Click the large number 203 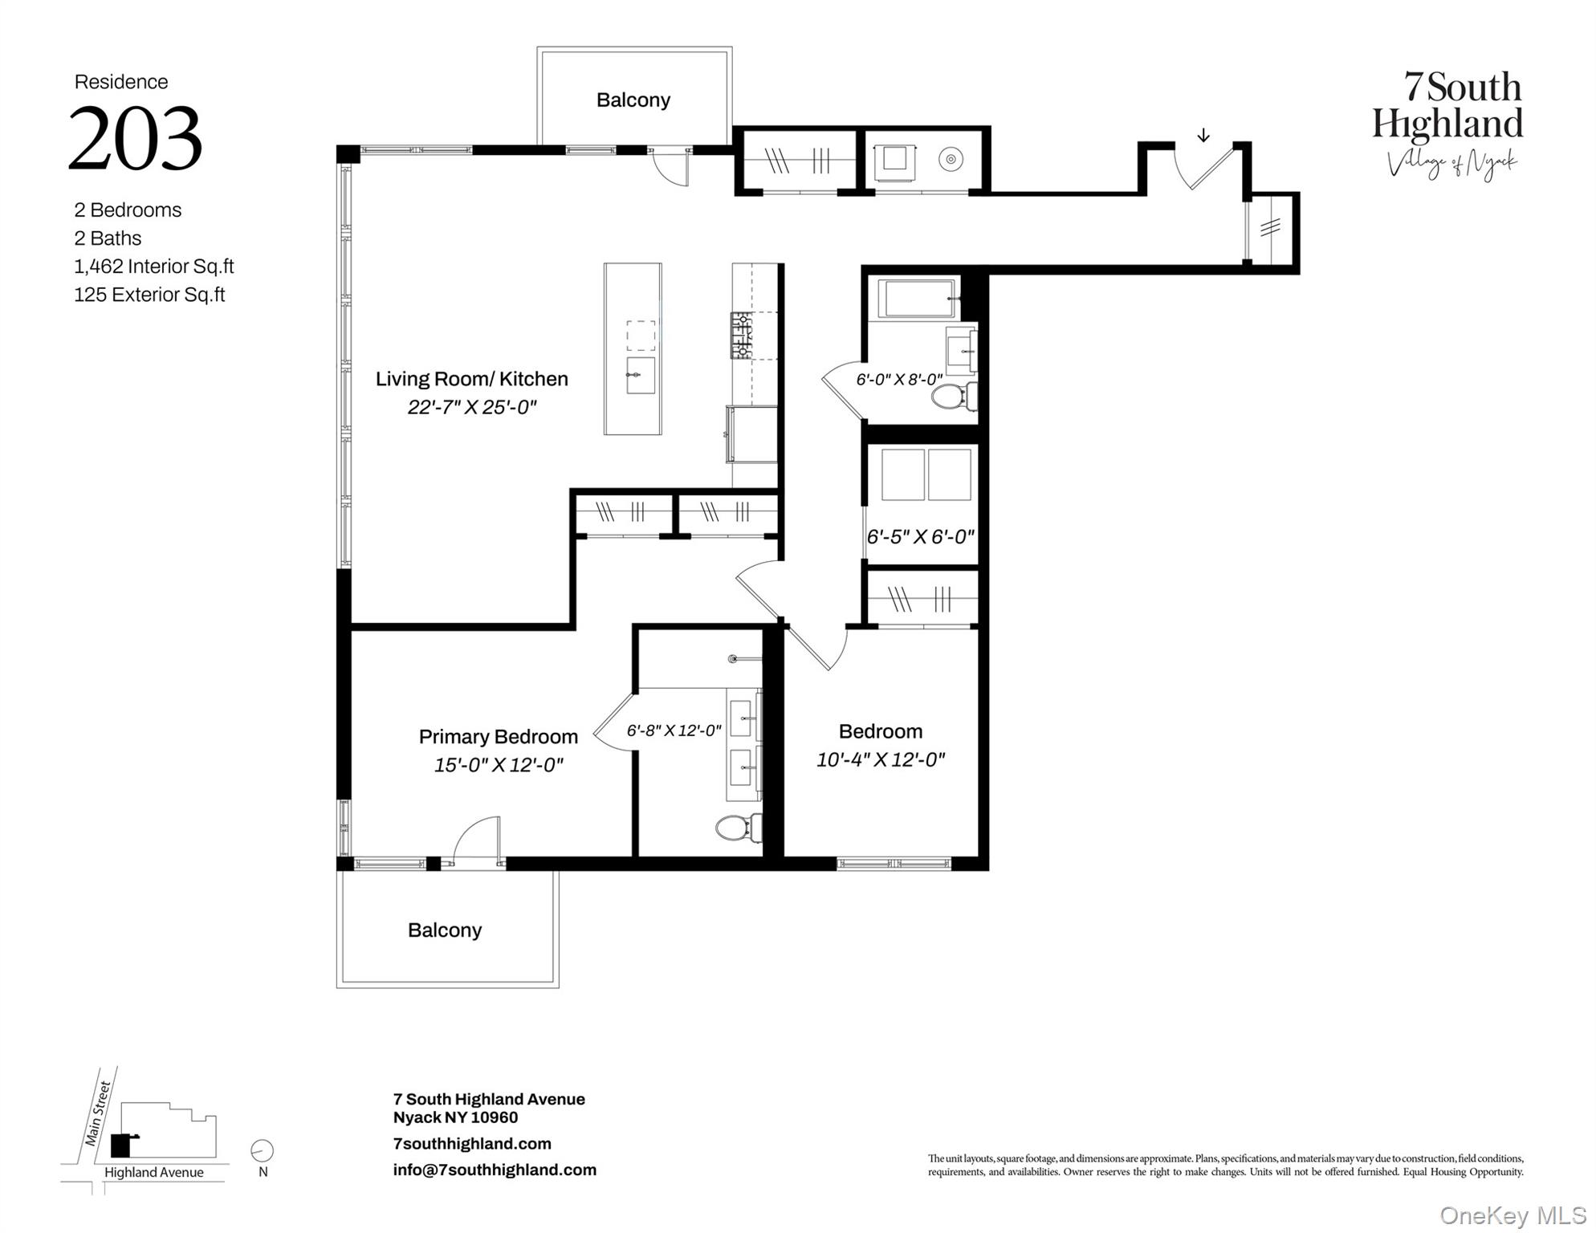point(135,138)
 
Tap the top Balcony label point(633,100)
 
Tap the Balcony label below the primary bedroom point(444,930)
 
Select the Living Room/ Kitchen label point(471,379)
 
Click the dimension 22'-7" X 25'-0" point(471,408)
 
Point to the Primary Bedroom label point(498,737)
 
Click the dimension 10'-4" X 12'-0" point(880,760)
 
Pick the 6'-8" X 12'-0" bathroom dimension point(674,731)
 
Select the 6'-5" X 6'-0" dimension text point(920,537)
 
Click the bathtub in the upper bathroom point(915,299)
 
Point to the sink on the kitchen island point(640,376)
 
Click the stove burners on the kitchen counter point(740,336)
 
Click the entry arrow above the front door point(1203,136)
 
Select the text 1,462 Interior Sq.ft point(154,267)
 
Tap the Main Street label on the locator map point(99,1114)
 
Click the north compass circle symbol point(263,1150)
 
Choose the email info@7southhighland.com point(495,1170)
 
